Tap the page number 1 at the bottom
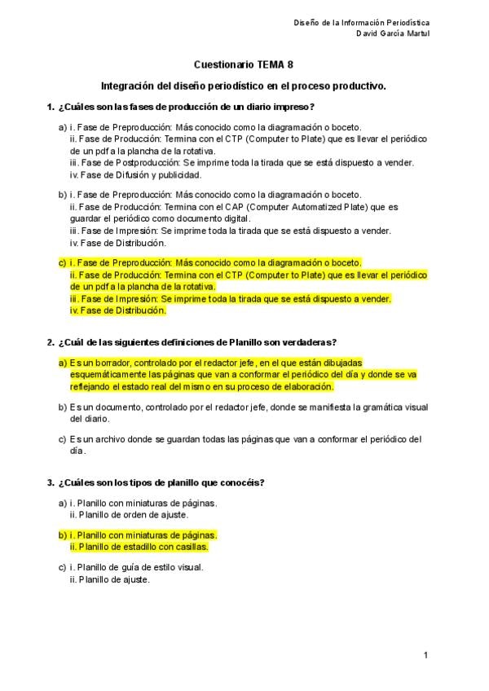coord(425,654)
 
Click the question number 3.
coord(51,482)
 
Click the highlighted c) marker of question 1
coord(62,263)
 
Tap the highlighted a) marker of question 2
coord(62,363)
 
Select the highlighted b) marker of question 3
coord(62,535)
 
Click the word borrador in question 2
coord(112,363)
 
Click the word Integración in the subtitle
coord(127,85)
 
